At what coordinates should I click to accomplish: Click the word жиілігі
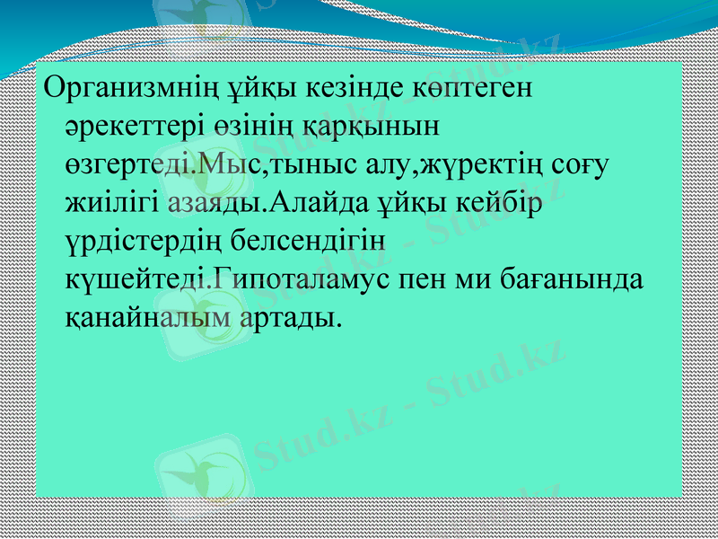[113, 204]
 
